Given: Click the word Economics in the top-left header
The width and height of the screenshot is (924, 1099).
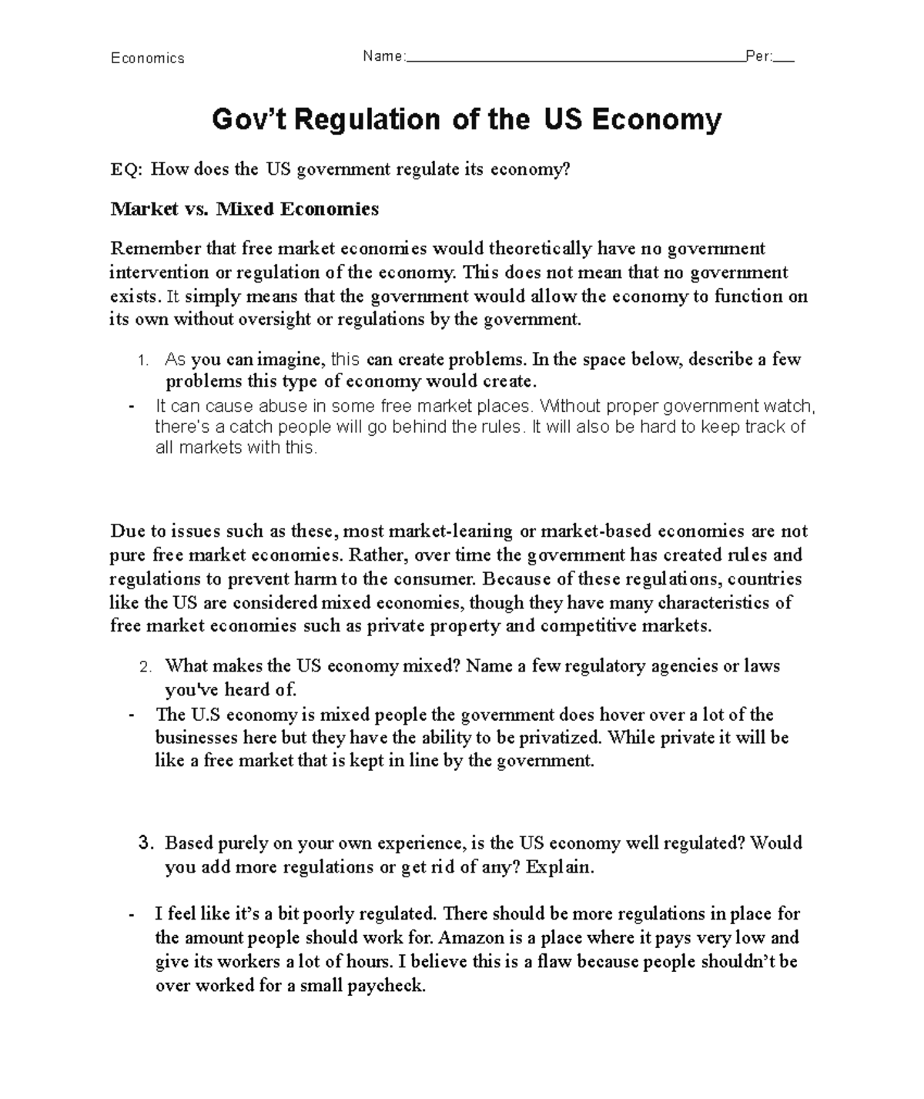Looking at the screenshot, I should (147, 59).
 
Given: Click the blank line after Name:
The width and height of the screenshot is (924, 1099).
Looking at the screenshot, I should (574, 59).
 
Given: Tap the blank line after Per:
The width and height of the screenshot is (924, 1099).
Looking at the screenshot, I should (784, 59).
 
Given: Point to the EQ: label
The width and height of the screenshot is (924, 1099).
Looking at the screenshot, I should (126, 169).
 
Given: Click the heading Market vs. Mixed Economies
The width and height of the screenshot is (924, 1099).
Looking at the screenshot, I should (244, 209).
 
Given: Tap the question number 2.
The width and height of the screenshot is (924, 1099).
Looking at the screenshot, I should (146, 667).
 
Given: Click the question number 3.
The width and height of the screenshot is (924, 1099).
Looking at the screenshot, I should (146, 843).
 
